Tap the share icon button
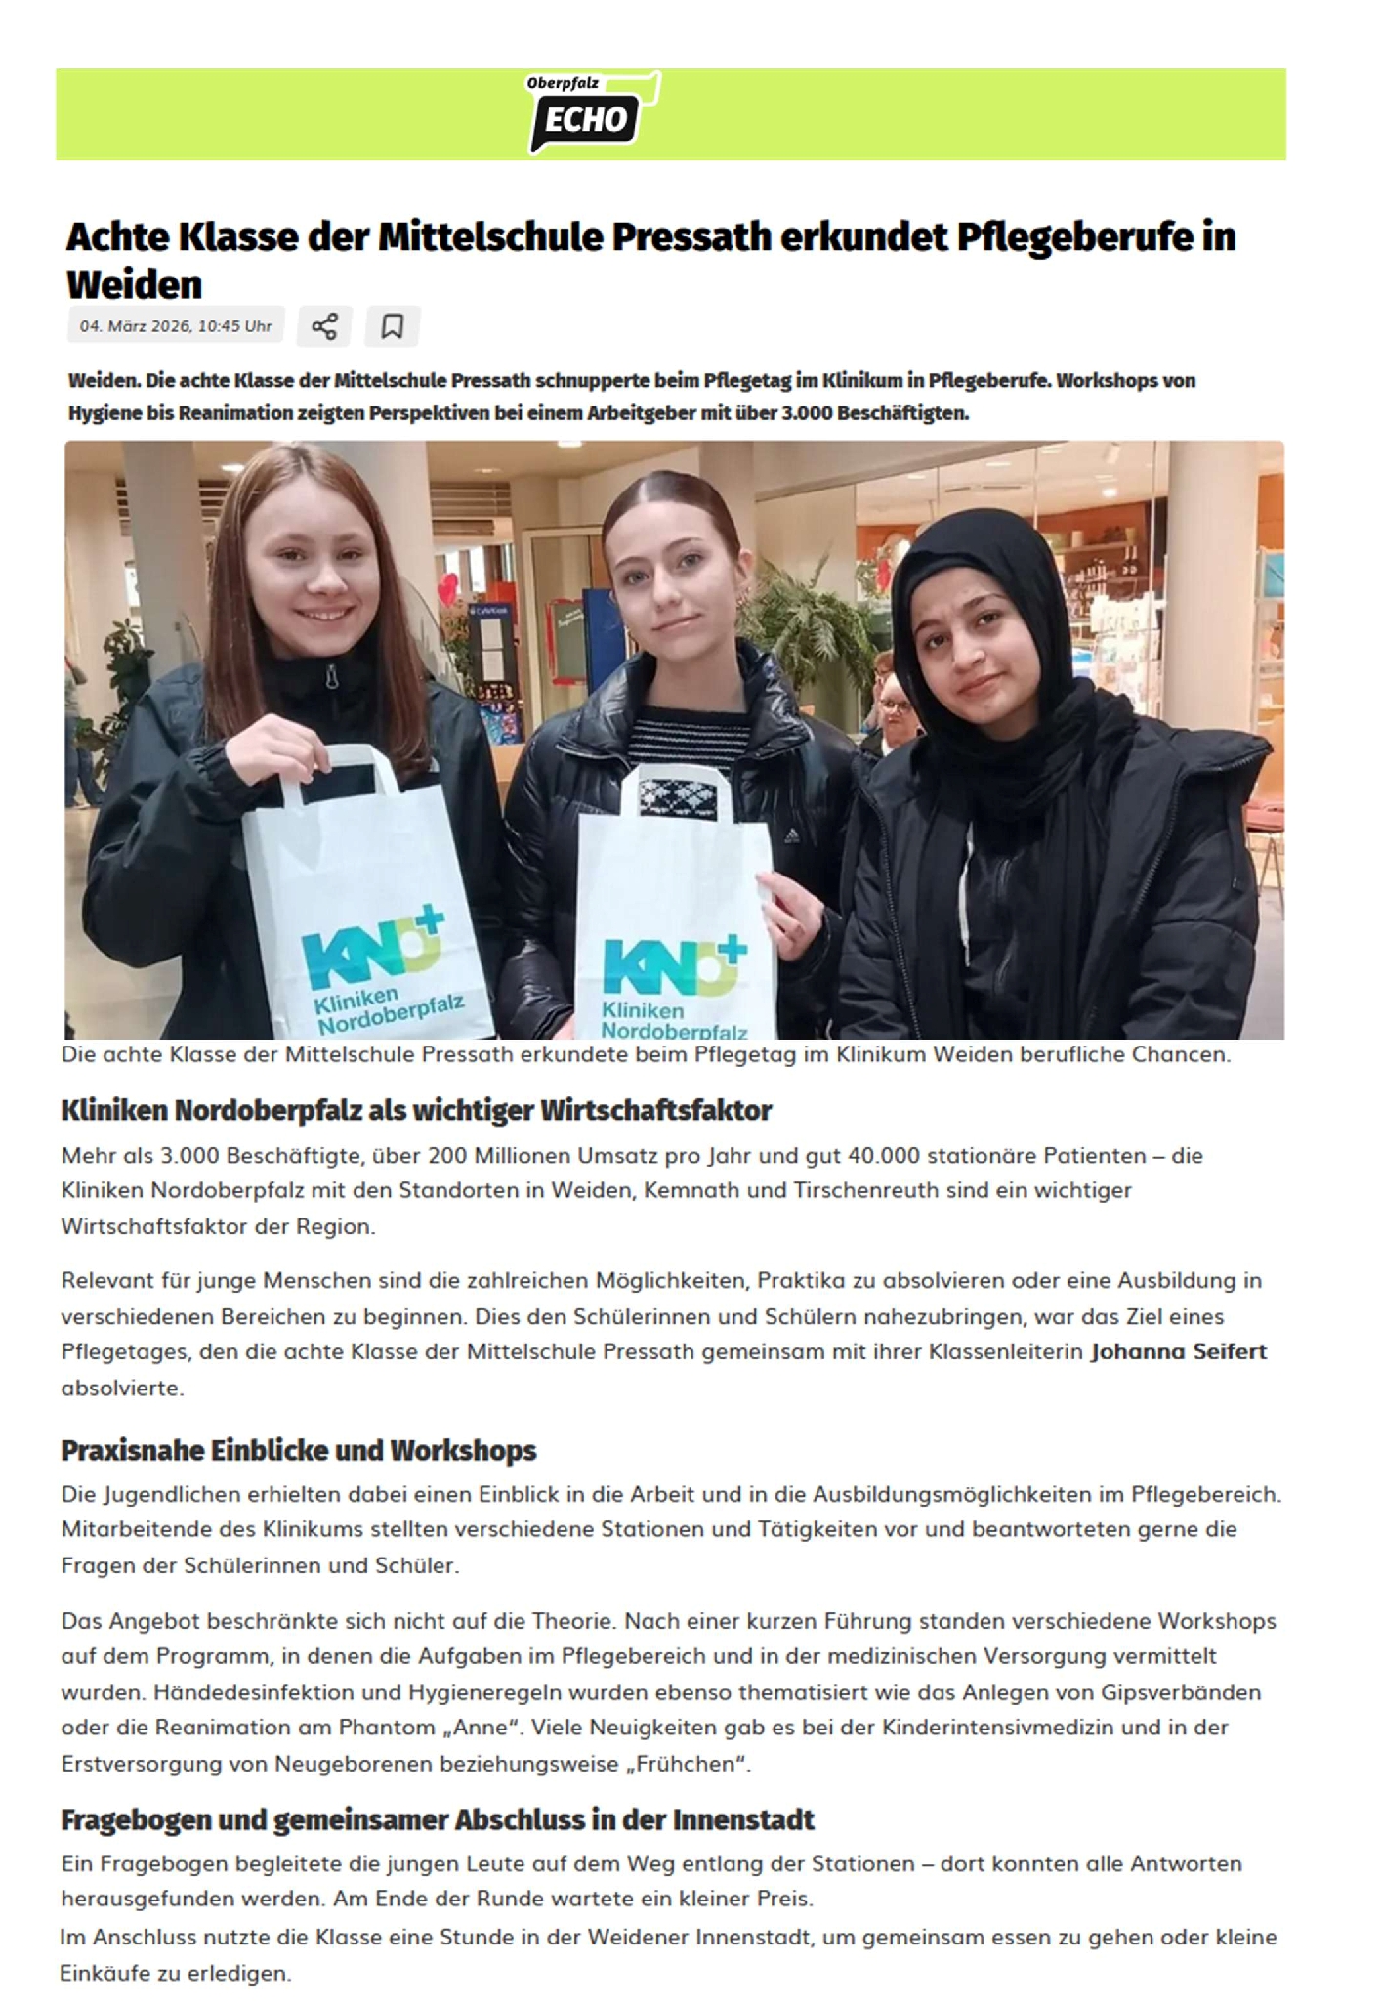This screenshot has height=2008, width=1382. (x=324, y=325)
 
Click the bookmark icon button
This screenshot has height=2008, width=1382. (x=393, y=325)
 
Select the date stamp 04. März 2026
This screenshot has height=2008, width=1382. (x=176, y=326)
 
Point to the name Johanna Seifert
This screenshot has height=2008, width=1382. (x=1178, y=1351)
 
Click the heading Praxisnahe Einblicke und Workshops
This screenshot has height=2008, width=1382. (x=299, y=1450)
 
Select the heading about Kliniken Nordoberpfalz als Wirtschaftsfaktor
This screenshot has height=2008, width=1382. (x=416, y=1110)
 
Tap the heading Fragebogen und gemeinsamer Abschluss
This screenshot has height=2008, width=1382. (x=438, y=1819)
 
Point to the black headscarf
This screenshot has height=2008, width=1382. (x=986, y=606)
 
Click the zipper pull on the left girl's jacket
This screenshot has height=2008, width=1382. (x=331, y=676)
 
